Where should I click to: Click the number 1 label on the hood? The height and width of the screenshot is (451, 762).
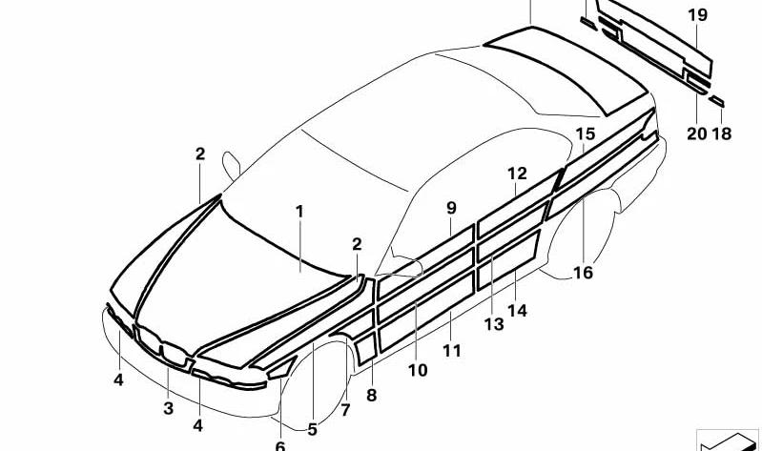pyautogui.click(x=299, y=212)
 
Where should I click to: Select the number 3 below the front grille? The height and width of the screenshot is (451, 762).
pyautogui.click(x=168, y=408)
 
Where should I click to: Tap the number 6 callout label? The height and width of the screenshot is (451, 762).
pyautogui.click(x=280, y=445)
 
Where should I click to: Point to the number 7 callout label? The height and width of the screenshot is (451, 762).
pyautogui.click(x=345, y=410)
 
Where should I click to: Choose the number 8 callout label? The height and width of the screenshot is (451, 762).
pyautogui.click(x=371, y=395)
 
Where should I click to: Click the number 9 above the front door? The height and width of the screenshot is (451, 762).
pyautogui.click(x=451, y=209)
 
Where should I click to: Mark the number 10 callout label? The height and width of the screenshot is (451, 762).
pyautogui.click(x=418, y=370)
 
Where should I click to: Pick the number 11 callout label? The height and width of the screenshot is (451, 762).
pyautogui.click(x=451, y=350)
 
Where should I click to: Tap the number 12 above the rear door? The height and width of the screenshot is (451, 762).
pyautogui.click(x=517, y=174)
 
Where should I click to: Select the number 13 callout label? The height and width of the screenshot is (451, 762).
pyautogui.click(x=494, y=324)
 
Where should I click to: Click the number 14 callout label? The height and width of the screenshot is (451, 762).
pyautogui.click(x=517, y=310)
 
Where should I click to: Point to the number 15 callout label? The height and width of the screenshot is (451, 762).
pyautogui.click(x=586, y=133)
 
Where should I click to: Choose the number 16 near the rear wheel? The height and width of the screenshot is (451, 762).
pyautogui.click(x=583, y=273)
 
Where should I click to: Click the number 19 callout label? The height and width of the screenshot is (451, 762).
pyautogui.click(x=697, y=15)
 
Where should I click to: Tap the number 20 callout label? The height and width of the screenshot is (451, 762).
pyautogui.click(x=696, y=133)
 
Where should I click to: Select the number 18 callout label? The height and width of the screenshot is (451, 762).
pyautogui.click(x=722, y=133)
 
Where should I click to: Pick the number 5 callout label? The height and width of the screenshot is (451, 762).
pyautogui.click(x=312, y=430)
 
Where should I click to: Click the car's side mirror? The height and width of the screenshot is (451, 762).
pyautogui.click(x=231, y=165)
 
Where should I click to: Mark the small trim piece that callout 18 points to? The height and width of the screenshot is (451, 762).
pyautogui.click(x=716, y=102)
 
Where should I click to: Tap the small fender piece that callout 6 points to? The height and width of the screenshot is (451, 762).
pyautogui.click(x=282, y=369)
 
